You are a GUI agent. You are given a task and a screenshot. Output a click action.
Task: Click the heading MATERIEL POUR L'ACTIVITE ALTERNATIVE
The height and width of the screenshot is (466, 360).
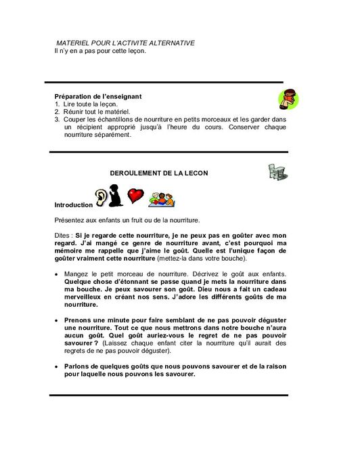pyautogui.click(x=125, y=43)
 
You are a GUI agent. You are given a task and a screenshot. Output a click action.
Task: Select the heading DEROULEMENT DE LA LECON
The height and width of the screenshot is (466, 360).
pyautogui.click(x=159, y=173)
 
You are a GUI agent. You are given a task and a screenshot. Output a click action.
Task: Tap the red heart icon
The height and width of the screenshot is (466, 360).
pyautogui.click(x=137, y=196)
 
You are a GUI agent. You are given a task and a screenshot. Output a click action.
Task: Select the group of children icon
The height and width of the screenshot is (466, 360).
pyautogui.click(x=162, y=198)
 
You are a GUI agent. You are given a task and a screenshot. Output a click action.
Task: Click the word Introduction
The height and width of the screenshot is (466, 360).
pyautogui.click(x=73, y=205)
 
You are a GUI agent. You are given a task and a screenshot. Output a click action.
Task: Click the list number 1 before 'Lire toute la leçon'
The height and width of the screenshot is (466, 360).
pyautogui.click(x=58, y=104)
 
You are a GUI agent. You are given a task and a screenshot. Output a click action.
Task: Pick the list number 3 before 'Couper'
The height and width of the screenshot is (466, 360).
pyautogui.click(x=58, y=119)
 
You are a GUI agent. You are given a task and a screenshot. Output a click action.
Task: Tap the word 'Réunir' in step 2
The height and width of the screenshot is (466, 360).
pyautogui.click(x=74, y=112)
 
